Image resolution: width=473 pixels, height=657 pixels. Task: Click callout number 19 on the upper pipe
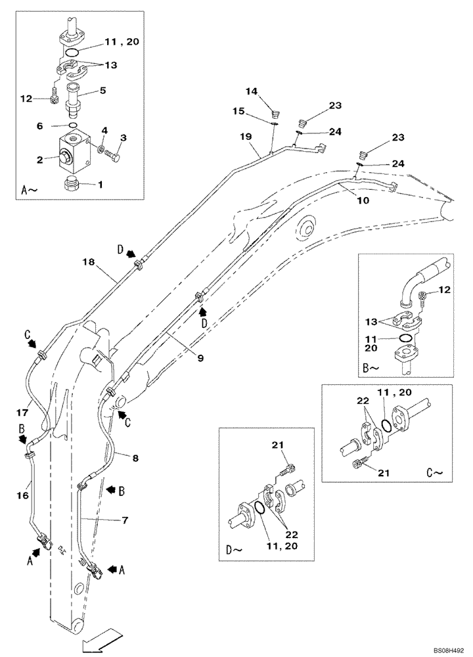coord(246,137)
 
